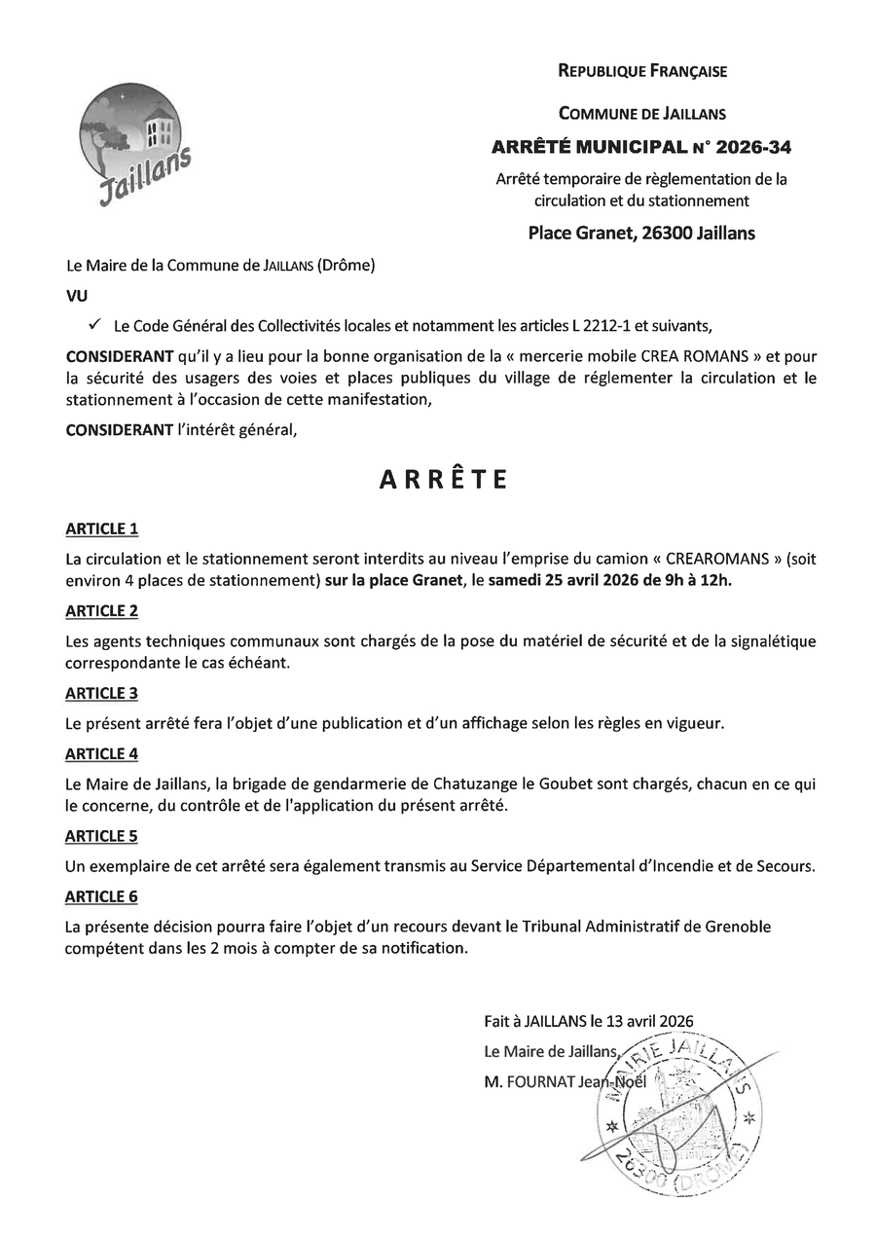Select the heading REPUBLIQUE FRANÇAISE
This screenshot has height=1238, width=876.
642,71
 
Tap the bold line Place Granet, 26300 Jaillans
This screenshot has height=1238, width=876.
641,233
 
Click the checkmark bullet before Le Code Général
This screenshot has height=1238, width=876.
94,322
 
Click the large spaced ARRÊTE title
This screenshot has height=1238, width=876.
443,480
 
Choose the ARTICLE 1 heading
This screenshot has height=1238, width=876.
101,529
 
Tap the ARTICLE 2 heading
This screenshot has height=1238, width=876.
101,611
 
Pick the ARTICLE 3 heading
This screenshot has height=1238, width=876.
101,693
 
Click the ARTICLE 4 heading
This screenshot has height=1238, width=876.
101,754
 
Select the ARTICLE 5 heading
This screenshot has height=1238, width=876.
101,836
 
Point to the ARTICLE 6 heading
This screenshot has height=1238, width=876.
101,896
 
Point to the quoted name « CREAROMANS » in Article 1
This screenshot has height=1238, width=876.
712,559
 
